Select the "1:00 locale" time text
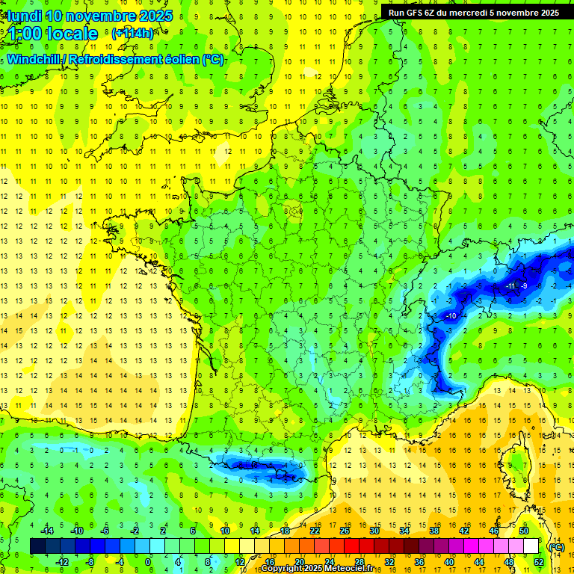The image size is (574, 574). [53, 34]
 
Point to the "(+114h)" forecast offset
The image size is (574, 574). [133, 34]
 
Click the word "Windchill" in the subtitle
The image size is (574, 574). [34, 60]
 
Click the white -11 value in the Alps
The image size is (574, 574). [510, 286]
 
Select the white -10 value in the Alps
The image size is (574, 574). [451, 317]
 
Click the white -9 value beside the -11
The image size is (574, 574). [525, 286]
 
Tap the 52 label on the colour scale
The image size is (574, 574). [538, 562]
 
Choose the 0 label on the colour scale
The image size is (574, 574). [149, 562]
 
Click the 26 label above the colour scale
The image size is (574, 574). [345, 531]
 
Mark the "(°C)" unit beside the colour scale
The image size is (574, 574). [555, 547]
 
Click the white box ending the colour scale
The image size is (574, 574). [531, 546]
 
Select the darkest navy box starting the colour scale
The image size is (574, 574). [37, 546]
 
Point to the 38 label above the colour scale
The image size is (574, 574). [433, 531]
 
